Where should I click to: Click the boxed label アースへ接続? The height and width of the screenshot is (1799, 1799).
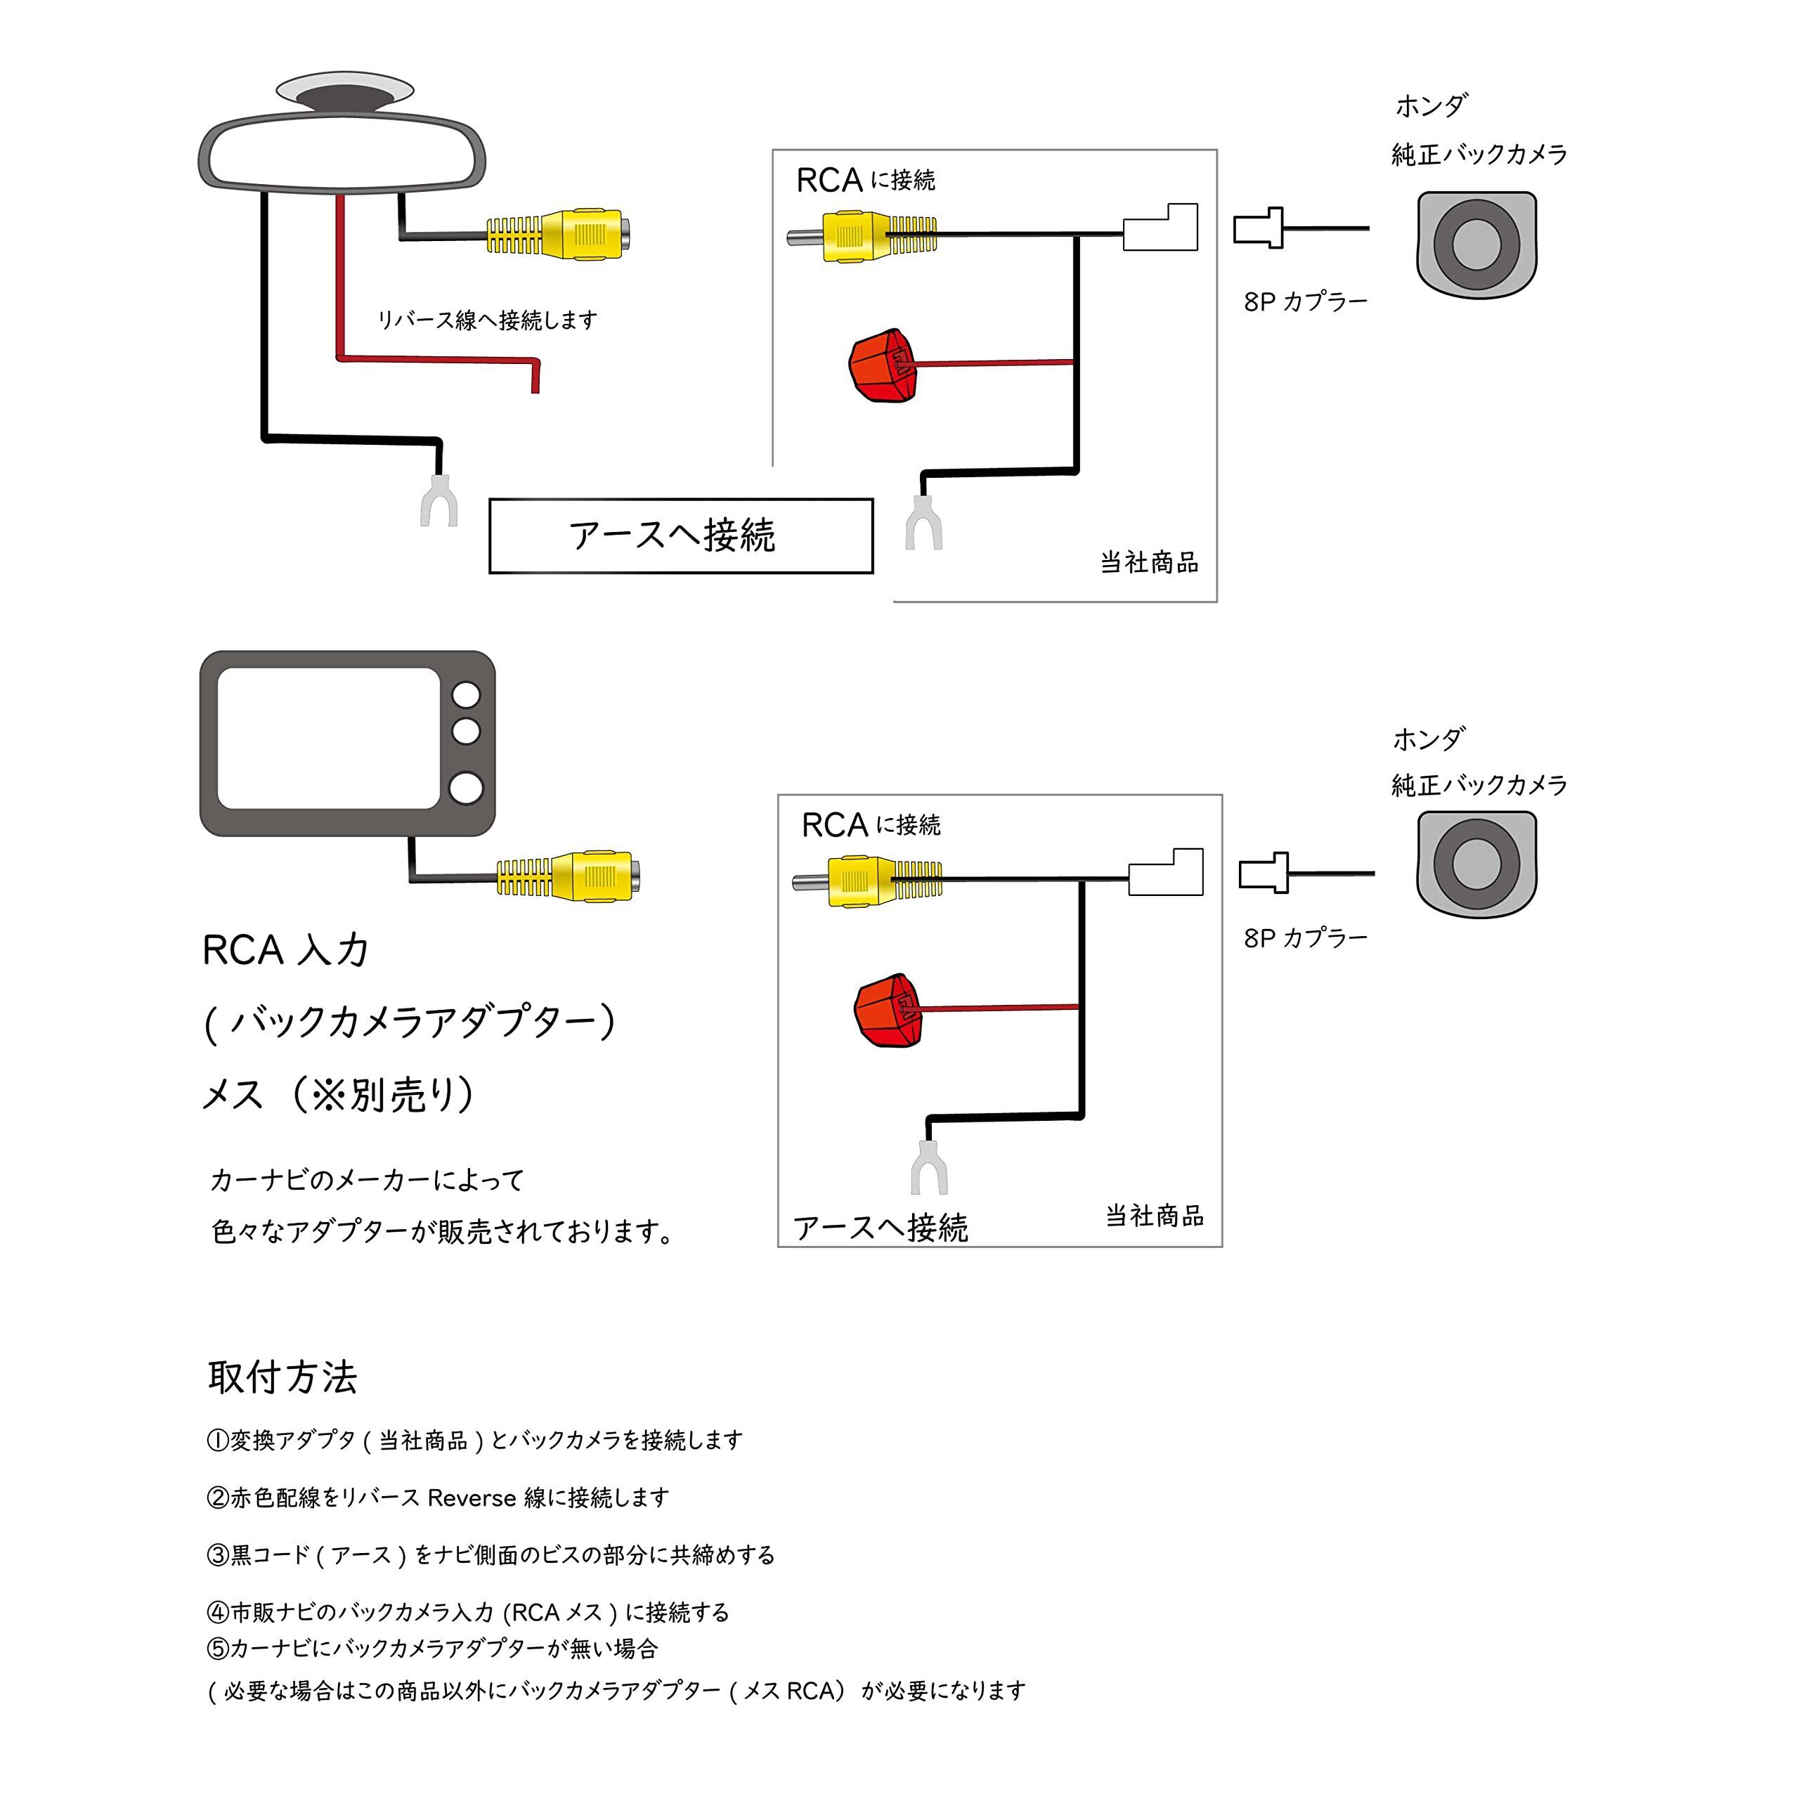pos(681,535)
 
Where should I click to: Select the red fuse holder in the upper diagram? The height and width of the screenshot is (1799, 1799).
pos(883,365)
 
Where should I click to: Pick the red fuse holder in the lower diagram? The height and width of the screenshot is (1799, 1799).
pos(888,1011)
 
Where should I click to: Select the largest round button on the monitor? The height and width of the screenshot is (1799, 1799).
pos(466,788)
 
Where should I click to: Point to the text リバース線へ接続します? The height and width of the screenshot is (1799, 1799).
pos(487,320)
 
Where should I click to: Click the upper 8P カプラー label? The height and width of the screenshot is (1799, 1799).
pos(1306,301)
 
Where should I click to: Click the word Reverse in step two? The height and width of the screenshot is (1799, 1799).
pos(471,1498)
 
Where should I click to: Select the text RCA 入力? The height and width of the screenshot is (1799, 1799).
pos(285,950)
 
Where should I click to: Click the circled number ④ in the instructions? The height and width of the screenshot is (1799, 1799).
pos(217,1612)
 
